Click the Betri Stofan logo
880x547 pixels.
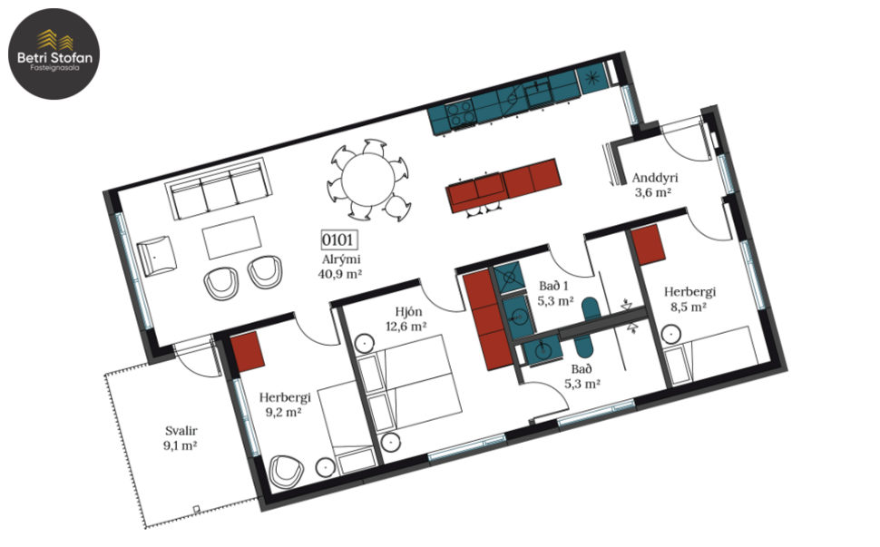[54, 51]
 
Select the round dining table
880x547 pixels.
[367, 179]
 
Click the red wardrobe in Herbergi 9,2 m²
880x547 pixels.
[248, 353]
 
